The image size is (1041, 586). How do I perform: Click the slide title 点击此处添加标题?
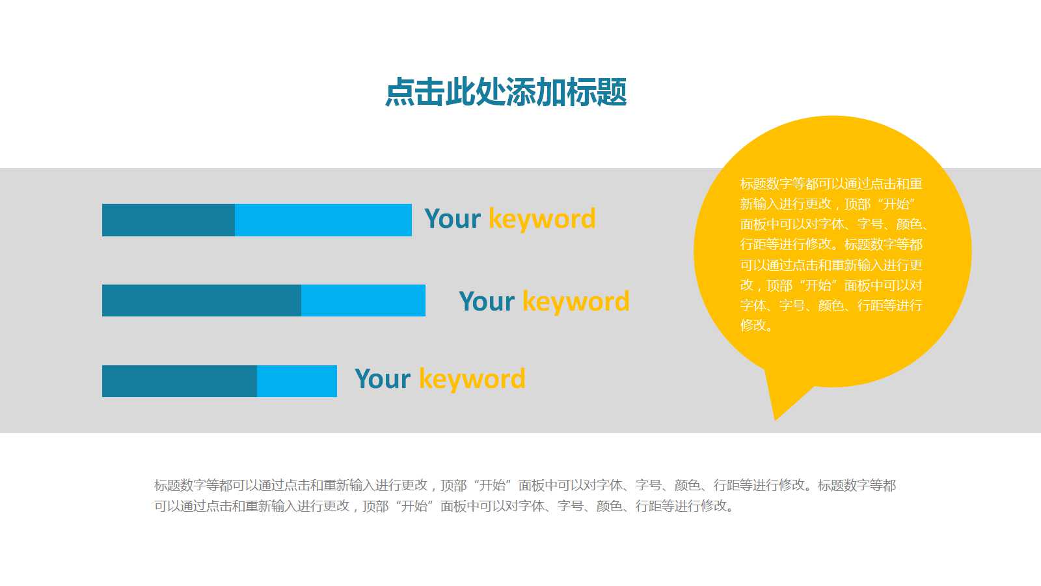coord(506,92)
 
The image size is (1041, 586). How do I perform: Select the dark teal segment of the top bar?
coord(169,220)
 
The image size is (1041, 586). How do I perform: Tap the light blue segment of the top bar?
coord(323,220)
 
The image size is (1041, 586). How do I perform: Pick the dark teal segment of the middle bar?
coord(202,300)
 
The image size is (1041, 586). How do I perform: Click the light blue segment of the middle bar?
coord(364,300)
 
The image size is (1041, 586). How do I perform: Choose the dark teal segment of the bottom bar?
coord(180,382)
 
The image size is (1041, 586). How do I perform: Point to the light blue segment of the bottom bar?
coord(297,382)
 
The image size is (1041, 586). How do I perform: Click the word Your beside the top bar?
coord(453,219)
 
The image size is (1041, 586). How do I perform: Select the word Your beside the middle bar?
coord(487,301)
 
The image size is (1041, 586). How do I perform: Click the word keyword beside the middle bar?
coord(576,302)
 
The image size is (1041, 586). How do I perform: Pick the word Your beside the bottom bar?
coord(383,378)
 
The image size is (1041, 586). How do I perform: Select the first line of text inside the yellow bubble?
coord(831,184)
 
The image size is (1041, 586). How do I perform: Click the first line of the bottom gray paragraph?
coord(525,485)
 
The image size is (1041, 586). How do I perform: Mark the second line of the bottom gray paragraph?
coord(444,505)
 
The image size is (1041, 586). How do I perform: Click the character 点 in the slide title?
coord(400,92)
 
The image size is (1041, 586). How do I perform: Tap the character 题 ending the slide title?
coord(612,92)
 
